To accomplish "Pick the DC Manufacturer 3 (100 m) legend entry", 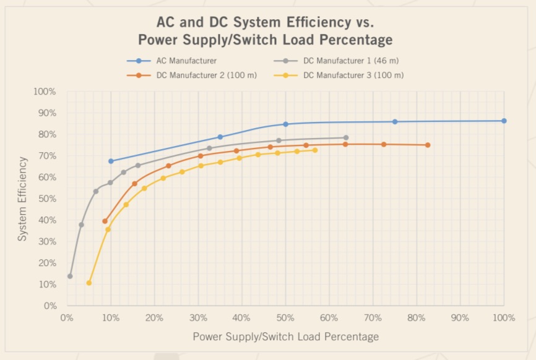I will [353, 75].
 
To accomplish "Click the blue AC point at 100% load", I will [504, 121].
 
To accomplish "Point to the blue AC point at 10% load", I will [111, 161].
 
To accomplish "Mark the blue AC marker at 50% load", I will [285, 124].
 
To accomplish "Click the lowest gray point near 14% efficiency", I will [70, 276].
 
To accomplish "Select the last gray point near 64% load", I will [345, 137].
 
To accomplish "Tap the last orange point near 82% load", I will [428, 145].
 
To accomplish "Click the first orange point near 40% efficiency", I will [105, 221].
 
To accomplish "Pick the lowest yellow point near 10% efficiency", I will [89, 283].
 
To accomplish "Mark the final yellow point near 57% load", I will [315, 150].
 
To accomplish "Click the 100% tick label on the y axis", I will [45, 92].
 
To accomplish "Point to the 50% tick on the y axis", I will [47, 199].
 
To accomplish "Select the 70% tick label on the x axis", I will [373, 318].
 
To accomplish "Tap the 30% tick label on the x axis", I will [198, 318].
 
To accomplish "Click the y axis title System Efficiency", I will [22, 199].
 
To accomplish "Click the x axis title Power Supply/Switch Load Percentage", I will [285, 336].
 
